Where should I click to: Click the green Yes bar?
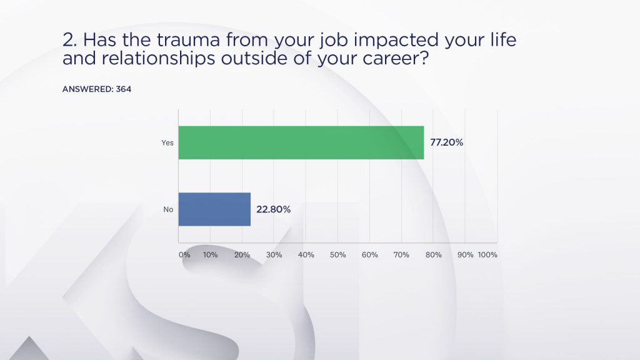pos(301,142)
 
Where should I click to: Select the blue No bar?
pos(215,209)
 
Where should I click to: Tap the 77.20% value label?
pos(446,142)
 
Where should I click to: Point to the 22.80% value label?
pos(274,209)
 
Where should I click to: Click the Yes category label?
pos(167,143)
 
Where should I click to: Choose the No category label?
pos(168,209)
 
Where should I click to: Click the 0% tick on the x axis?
pos(184,255)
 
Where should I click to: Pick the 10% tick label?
pos(210,255)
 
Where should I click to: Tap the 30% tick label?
pos(274,255)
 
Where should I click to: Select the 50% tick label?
pos(338,255)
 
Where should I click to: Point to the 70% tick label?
pos(401,255)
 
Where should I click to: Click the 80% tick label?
pos(434,255)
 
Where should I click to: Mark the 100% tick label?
pos(487,255)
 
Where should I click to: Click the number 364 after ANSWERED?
pos(124,89)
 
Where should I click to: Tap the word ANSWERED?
pos(87,89)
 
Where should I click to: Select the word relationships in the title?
pos(158,58)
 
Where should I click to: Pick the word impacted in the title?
pos(396,40)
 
